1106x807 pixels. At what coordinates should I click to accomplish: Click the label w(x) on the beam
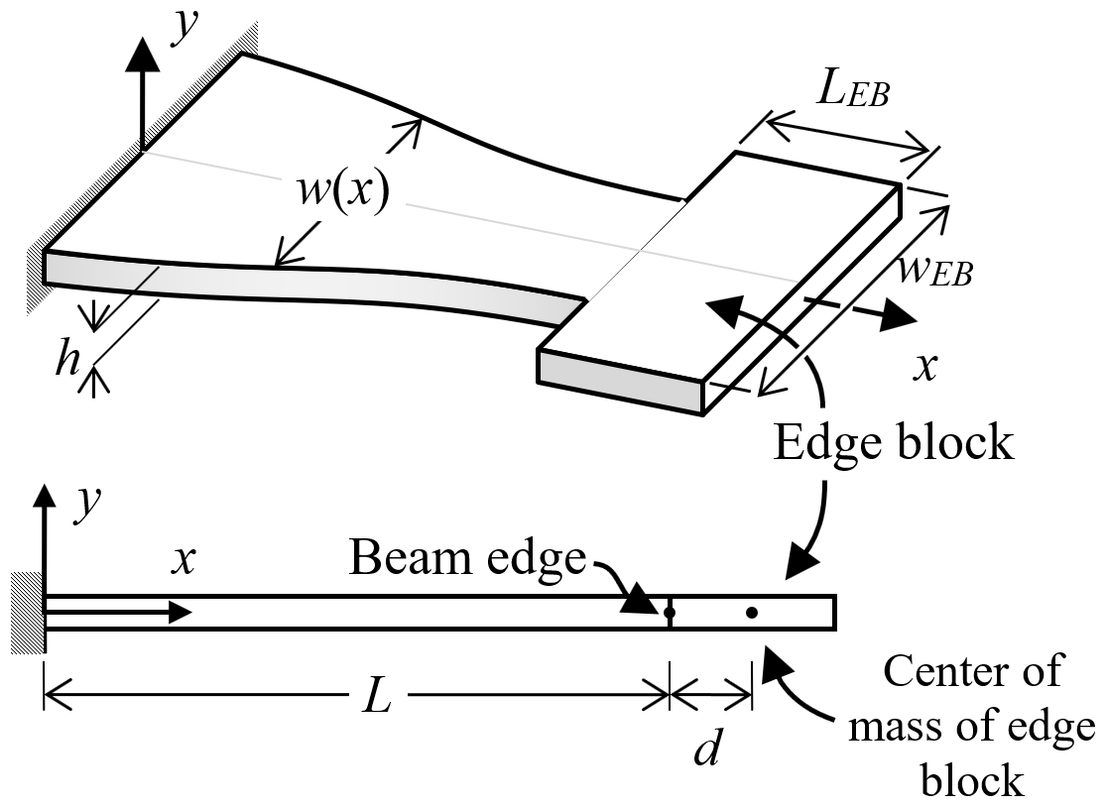tap(343, 190)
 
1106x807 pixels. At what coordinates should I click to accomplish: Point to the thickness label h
tap(67, 360)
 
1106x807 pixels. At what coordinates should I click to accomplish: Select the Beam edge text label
tap(467, 558)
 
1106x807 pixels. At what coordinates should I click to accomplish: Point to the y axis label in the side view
tap(87, 504)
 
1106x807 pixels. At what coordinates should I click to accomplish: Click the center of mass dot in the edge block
tap(752, 613)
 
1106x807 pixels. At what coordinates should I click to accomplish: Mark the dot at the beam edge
tap(669, 613)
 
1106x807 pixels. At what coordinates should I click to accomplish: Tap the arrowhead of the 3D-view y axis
tap(143, 55)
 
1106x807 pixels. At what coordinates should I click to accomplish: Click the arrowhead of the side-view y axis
tap(45, 496)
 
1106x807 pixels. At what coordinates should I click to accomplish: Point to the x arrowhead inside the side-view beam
tap(180, 613)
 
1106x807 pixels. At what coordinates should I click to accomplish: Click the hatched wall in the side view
tap(28, 613)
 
